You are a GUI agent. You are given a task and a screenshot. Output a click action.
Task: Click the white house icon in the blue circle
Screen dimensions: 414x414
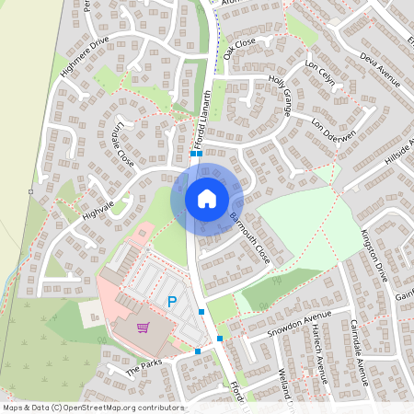click(207, 198)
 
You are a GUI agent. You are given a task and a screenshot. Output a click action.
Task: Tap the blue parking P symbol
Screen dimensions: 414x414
click(171, 301)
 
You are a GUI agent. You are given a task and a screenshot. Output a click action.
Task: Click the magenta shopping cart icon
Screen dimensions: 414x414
click(143, 328)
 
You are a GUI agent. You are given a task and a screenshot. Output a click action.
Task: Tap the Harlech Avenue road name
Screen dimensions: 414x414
click(319, 352)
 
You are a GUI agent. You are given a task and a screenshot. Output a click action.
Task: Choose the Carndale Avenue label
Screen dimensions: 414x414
click(360, 351)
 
